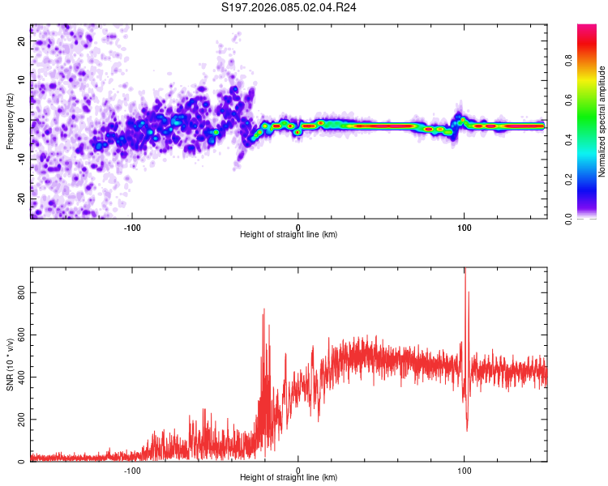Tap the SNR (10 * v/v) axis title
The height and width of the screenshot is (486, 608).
pos(10,364)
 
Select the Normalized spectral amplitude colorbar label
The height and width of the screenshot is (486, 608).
pos(602,122)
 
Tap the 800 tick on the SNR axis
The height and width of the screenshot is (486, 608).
pos(21,292)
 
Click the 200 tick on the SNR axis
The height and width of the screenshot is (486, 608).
pos(21,420)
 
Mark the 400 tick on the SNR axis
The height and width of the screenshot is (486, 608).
pos(21,377)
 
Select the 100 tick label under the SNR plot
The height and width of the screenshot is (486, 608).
pos(464,470)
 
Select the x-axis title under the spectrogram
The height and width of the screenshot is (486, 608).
pos(289,234)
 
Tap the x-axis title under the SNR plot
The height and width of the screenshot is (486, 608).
pos(289,478)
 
